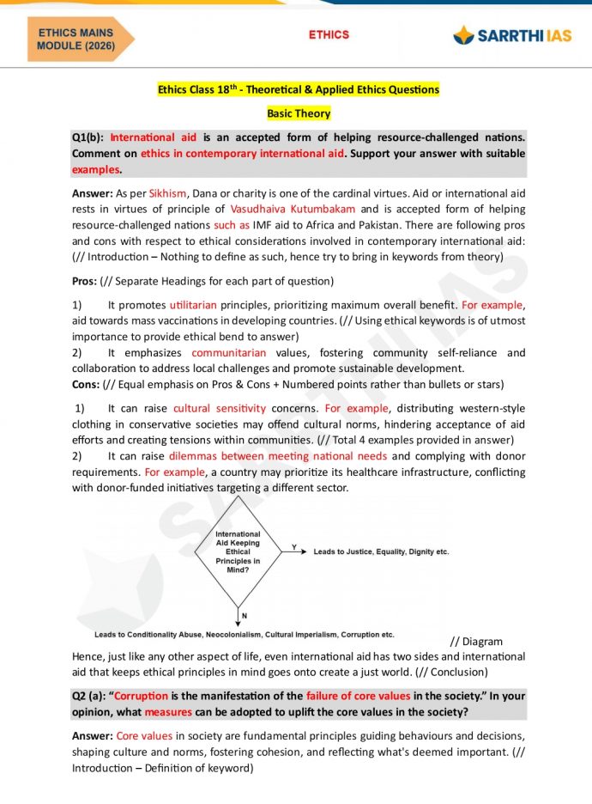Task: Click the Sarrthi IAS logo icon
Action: (x=464, y=36)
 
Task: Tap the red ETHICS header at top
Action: (x=329, y=35)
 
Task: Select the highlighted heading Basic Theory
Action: (x=298, y=113)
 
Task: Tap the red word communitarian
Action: (x=228, y=353)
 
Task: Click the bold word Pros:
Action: (x=84, y=281)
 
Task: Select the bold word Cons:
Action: (x=86, y=384)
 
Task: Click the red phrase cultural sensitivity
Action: (x=219, y=409)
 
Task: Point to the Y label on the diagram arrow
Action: (x=294, y=546)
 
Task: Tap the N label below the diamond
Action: (x=245, y=616)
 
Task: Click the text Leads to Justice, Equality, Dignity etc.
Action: (x=381, y=551)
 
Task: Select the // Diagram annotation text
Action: (x=476, y=642)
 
